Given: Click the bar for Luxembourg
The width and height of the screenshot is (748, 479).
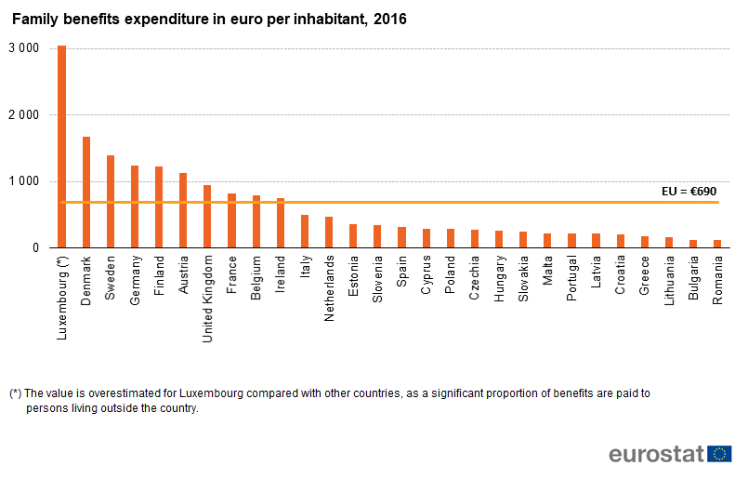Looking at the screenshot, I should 62,147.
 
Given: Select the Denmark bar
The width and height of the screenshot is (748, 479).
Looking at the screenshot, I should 86,193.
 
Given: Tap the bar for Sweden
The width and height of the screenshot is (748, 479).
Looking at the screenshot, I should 111,202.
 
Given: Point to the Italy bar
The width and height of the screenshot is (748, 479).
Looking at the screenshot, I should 305,232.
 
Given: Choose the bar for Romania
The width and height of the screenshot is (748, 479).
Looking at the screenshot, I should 717,244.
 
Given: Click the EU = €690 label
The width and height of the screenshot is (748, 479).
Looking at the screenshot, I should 689,191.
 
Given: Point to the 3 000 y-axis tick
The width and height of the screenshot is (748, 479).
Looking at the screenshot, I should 22,48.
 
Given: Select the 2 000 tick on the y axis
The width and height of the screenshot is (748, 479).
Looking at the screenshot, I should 22,114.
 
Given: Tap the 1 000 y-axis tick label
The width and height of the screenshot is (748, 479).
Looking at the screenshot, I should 22,181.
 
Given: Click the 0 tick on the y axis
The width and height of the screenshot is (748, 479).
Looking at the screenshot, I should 34,248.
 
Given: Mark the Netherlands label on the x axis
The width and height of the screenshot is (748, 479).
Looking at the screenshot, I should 329,289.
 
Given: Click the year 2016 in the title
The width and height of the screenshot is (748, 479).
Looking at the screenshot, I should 388,19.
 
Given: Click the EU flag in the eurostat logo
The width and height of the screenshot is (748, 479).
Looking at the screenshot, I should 719,454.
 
